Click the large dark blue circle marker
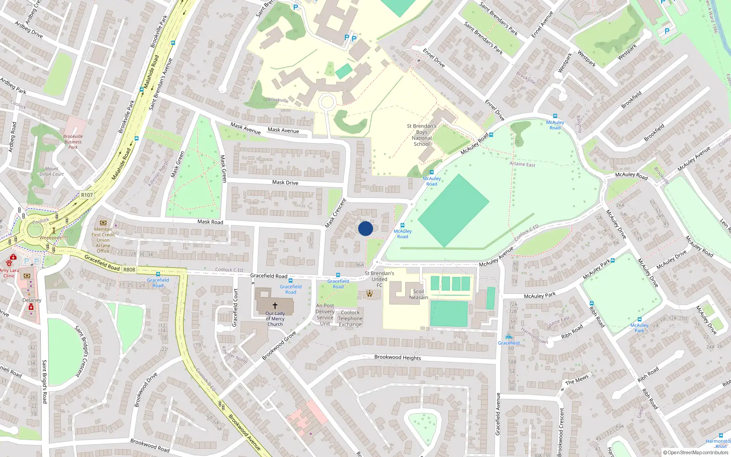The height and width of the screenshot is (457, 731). pos(365,228)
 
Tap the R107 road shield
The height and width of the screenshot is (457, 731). pos(87,195)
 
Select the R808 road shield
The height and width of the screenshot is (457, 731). pos(129,270)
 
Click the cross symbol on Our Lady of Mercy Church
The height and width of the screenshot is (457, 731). pos(275,305)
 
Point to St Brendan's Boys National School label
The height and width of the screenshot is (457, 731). pos(422,135)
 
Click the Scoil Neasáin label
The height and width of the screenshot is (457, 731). pos(418,294)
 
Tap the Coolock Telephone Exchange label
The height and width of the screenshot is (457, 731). pos(350,319)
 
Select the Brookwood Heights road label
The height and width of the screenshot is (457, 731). pos(397,357)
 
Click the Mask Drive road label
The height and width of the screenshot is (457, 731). pos(285,182)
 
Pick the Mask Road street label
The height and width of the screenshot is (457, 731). pos(210,222)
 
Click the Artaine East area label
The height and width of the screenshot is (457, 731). pos(522,164)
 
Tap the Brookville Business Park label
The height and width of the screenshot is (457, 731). pos(73,142)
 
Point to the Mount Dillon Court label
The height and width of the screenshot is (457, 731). pos(52,171)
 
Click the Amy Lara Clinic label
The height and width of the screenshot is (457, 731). pos(9,273)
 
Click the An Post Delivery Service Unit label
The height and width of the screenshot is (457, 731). pos(325,314)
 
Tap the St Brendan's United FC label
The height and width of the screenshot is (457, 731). pos(379,279)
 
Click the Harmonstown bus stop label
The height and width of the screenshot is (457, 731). pos(718,442)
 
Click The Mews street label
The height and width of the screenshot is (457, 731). pos(577,380)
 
